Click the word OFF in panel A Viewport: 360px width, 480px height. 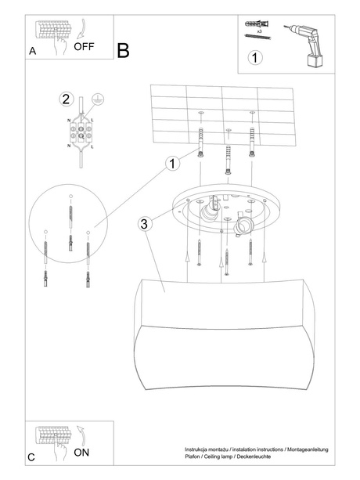(84, 47)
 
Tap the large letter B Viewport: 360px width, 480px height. (123, 51)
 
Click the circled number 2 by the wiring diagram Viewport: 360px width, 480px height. (66, 99)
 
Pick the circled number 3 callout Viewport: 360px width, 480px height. (143, 224)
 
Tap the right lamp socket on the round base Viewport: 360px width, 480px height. (243, 226)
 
